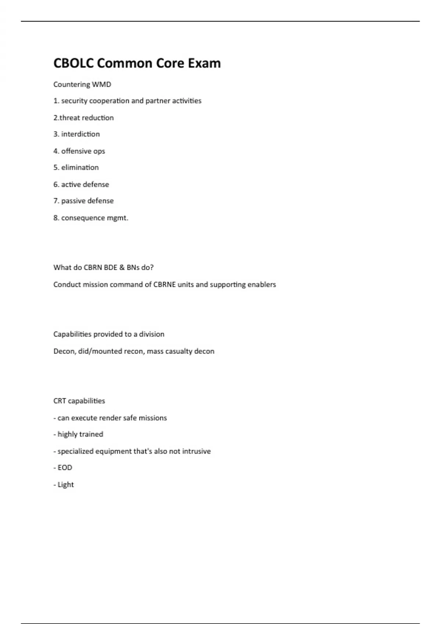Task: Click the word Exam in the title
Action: (204, 63)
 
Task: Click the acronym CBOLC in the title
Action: (73, 63)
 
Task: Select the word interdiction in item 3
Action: (80, 134)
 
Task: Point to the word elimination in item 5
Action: (80, 167)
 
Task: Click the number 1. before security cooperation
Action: (56, 101)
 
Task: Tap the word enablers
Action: (261, 284)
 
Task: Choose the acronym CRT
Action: (60, 401)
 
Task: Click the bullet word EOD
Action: (65, 468)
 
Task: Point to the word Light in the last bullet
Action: (66, 485)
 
